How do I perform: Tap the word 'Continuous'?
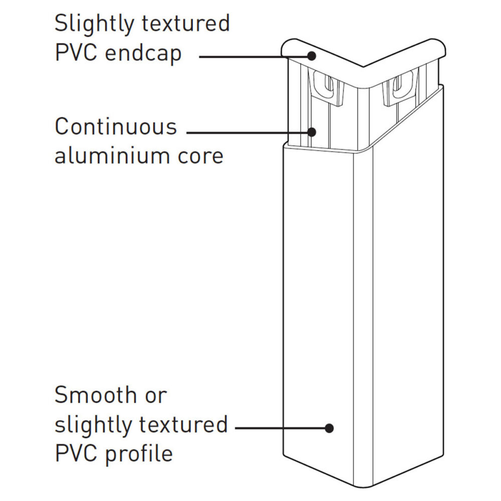(116, 127)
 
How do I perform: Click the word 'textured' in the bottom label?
(182, 425)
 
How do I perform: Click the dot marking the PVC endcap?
(312, 56)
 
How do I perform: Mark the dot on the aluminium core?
(312, 132)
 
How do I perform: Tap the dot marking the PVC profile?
(329, 428)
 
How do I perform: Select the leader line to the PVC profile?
(281, 428)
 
